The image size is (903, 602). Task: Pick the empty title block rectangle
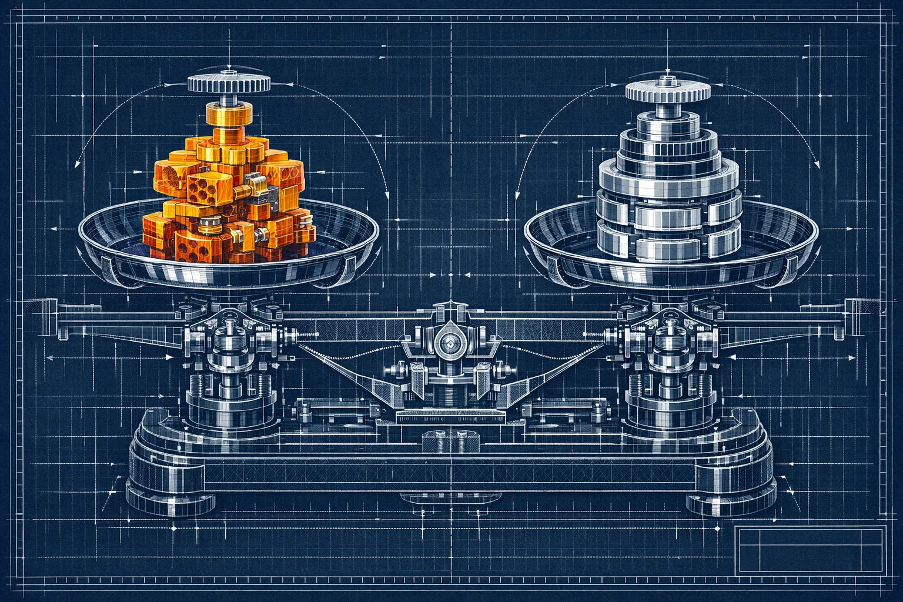(x=811, y=550)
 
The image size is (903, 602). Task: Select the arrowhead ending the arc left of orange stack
(x=77, y=165)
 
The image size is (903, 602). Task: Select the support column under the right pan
(x=668, y=376)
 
